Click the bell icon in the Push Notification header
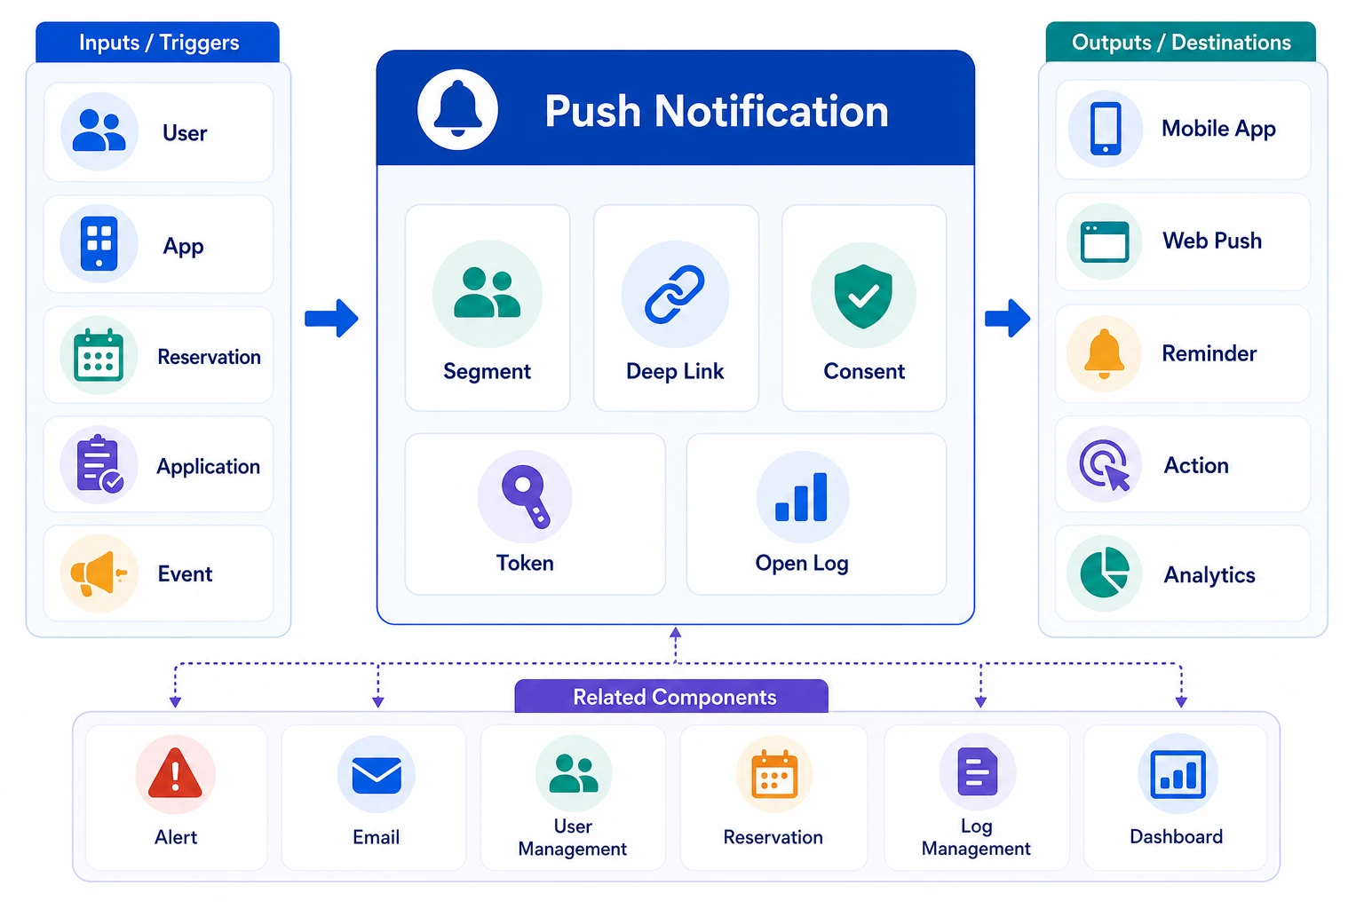[x=457, y=109]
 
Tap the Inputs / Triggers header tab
[x=158, y=42]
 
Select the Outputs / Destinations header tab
[x=1181, y=42]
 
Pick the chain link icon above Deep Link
[x=675, y=294]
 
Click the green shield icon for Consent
[x=863, y=296]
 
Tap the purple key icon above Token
[x=525, y=495]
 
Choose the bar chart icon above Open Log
[x=801, y=497]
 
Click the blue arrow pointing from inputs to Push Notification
[x=331, y=318]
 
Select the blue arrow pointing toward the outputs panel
[x=1007, y=318]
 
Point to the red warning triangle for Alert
[x=175, y=772]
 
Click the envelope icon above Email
[x=377, y=775]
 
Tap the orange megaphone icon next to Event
[x=98, y=573]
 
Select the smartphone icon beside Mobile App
[x=1106, y=129]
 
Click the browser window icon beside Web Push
[x=1105, y=241]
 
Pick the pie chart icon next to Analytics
[x=1105, y=573]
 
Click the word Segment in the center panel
[x=488, y=371]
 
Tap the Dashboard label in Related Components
[x=1176, y=836]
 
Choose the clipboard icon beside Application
[x=99, y=464]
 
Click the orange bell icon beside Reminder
[x=1104, y=353]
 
